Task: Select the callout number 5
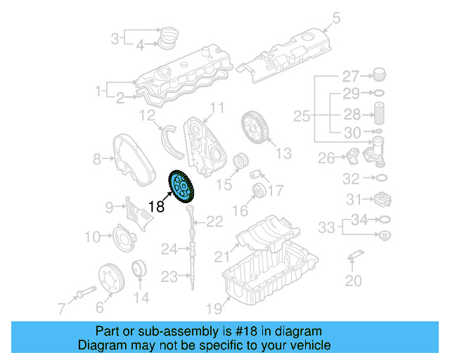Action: (x=335, y=18)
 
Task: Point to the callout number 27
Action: (x=350, y=76)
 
